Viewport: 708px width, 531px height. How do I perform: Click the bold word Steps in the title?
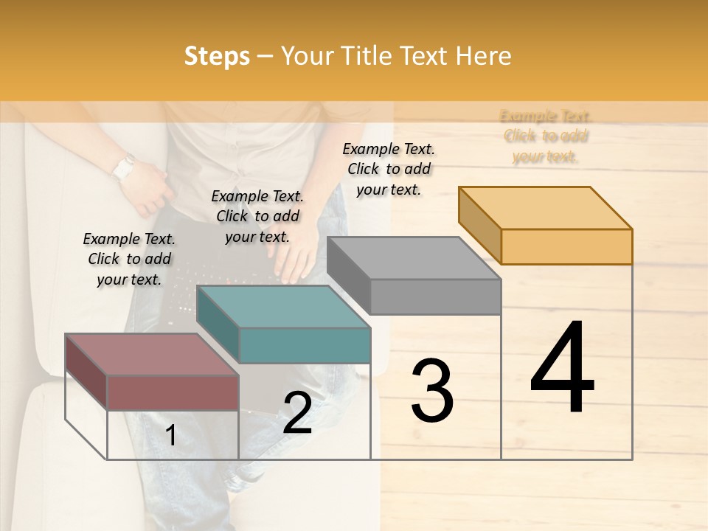[x=217, y=57]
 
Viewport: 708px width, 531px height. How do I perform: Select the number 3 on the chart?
[x=432, y=390]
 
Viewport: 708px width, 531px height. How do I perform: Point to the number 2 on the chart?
[x=297, y=413]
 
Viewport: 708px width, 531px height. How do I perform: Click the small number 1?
[x=171, y=436]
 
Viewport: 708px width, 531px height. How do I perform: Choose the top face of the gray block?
[x=414, y=257]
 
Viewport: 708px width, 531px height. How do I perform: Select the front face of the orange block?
[x=566, y=246]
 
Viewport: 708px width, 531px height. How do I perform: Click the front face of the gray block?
[x=435, y=296]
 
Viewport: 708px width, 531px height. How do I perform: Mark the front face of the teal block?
[x=305, y=345]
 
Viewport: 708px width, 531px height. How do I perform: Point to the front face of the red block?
[x=173, y=392]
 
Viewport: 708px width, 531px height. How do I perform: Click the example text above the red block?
[x=129, y=259]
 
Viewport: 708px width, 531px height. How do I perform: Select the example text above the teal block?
[x=257, y=216]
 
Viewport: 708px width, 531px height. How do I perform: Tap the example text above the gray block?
[x=389, y=169]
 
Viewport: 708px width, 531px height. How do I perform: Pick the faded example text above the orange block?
[x=546, y=136]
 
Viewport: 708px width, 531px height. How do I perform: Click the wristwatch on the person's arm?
[x=124, y=167]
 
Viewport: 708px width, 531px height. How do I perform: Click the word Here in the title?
[x=483, y=57]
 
